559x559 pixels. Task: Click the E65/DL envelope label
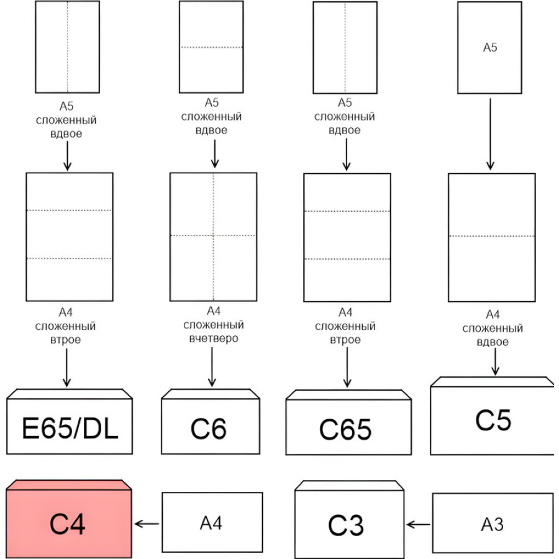70,428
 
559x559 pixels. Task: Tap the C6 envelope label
209,429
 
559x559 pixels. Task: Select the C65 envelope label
345,429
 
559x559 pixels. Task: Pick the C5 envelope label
493,420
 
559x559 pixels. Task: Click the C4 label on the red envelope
67,524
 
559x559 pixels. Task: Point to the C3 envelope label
346,525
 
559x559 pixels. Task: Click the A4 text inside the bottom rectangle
211,523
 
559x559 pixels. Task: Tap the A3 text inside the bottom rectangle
493,524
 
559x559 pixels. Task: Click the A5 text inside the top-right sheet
490,47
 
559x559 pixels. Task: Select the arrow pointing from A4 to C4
147,524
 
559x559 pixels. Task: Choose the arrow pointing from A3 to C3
419,524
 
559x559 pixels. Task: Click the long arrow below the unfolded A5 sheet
490,134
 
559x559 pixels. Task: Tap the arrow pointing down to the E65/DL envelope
66,368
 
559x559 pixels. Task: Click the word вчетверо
214,338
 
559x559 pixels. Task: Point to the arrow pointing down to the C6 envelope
212,367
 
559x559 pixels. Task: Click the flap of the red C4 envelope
69,485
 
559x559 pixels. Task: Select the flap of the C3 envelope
349,486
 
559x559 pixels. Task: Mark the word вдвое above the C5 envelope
493,342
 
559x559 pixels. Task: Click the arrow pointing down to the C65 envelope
347,367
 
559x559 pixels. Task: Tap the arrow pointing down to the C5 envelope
495,361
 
